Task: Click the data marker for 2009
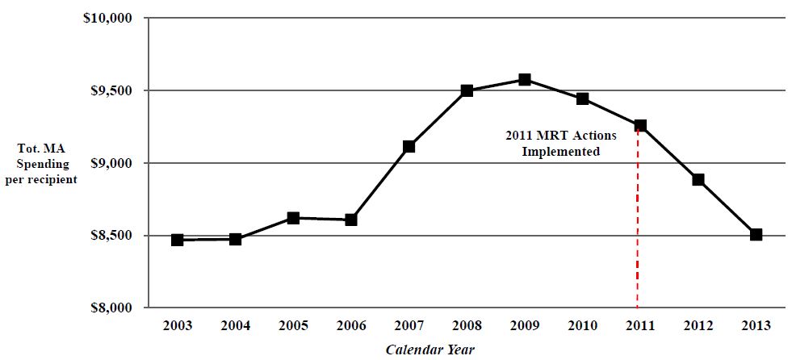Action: click(x=524, y=79)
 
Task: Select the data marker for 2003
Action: click(x=178, y=240)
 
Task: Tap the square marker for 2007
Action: click(x=409, y=146)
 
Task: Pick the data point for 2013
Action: click(x=756, y=234)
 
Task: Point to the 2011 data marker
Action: click(x=640, y=125)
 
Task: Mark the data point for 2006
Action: click(x=351, y=220)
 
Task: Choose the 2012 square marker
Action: click(x=698, y=179)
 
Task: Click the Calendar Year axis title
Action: click(x=430, y=350)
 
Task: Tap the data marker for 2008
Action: click(x=467, y=90)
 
